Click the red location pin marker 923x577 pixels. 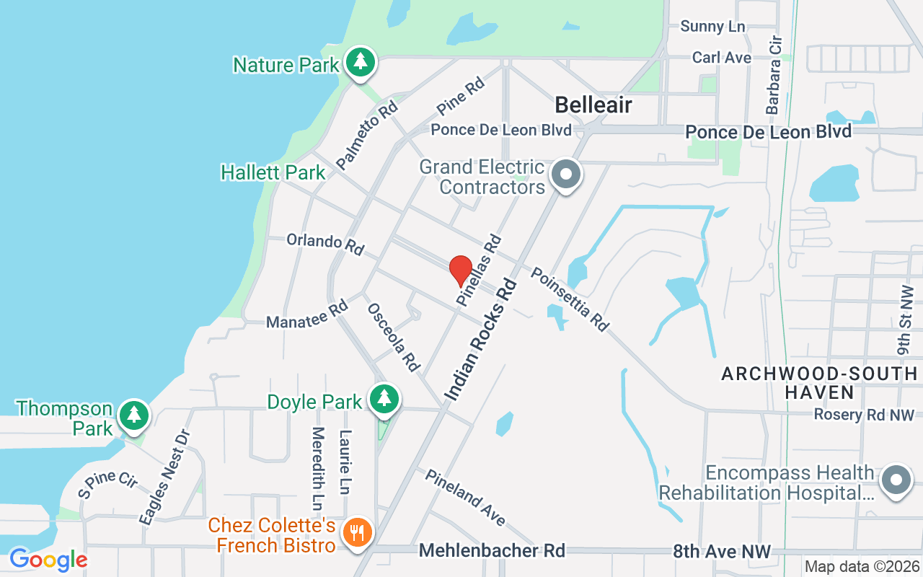(461, 271)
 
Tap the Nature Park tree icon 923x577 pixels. (359, 63)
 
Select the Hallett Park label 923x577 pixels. (273, 173)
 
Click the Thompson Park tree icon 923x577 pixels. (133, 415)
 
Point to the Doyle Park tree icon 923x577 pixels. (384, 398)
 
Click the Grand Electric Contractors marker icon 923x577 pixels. (566, 174)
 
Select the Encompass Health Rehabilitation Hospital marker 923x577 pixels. (896, 480)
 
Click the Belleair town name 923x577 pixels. (593, 105)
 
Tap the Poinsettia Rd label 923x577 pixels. (570, 299)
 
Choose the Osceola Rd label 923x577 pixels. (394, 337)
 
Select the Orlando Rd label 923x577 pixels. (325, 243)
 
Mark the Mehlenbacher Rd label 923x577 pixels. (492, 551)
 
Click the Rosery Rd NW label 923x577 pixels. (863, 415)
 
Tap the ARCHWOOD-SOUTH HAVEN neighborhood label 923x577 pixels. (819, 383)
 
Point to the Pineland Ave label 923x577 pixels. (465, 498)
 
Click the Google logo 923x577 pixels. (48, 559)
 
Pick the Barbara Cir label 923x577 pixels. (774, 76)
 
